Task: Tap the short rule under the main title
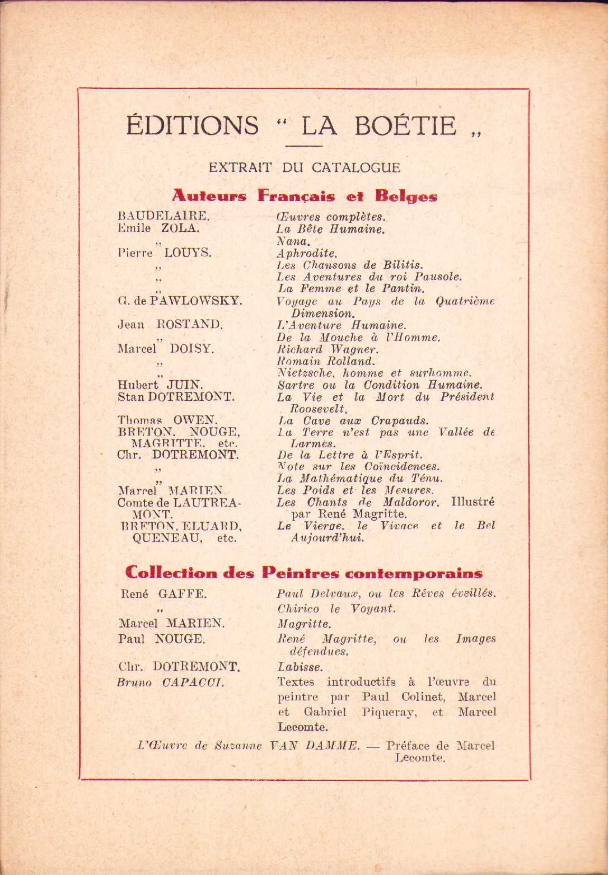coord(303,146)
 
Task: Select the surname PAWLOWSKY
coord(197,301)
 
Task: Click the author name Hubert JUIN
coord(160,385)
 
